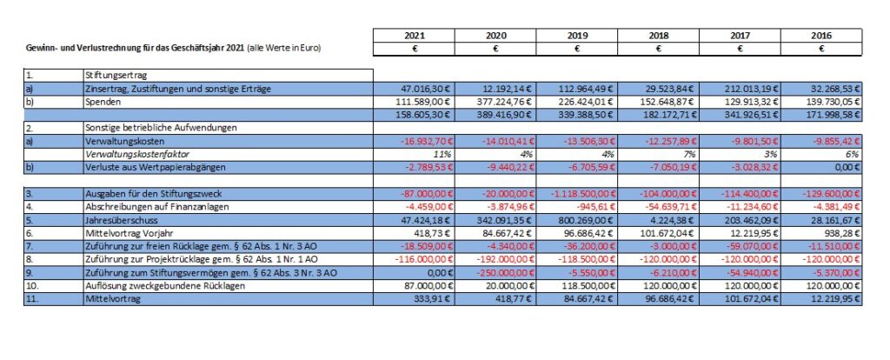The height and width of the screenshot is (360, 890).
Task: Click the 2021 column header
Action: [x=414, y=36]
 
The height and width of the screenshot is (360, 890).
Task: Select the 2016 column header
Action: [x=821, y=36]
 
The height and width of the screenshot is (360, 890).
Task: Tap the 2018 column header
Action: [x=659, y=36]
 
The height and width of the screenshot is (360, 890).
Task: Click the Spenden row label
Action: [x=99, y=103]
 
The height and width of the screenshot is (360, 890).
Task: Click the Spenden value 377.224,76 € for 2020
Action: [x=504, y=103]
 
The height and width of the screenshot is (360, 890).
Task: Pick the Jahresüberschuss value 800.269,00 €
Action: [x=586, y=220]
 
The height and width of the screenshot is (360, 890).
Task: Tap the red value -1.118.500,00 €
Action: [x=582, y=194]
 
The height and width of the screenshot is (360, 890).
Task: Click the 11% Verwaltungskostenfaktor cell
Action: [x=445, y=155]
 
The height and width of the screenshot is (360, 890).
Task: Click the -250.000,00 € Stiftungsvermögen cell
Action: [x=502, y=272]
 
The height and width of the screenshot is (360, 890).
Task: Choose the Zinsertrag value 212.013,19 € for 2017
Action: [x=749, y=90]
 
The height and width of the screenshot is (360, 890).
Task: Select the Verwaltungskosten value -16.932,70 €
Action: [x=424, y=142]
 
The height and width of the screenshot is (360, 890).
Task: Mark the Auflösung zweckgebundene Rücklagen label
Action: [x=164, y=285]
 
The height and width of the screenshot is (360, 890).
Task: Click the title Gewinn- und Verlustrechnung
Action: [x=82, y=49]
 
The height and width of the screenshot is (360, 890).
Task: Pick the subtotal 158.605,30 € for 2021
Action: [x=423, y=116]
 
